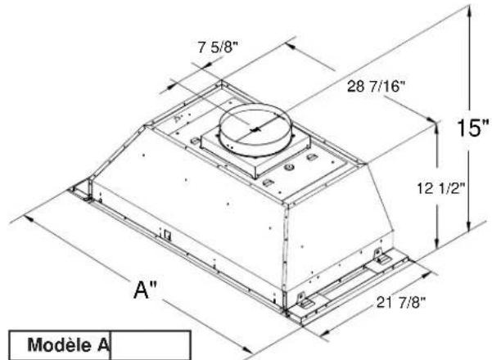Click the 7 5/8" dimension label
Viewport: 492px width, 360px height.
pyautogui.click(x=218, y=47)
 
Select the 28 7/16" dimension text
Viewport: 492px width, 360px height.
pyautogui.click(x=376, y=86)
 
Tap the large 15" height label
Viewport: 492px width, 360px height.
pyautogui.click(x=473, y=128)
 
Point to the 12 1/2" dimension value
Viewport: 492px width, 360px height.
pyautogui.click(x=440, y=188)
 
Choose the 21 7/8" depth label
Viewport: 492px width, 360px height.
pyautogui.click(x=401, y=302)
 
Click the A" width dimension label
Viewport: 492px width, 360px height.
pyautogui.click(x=145, y=290)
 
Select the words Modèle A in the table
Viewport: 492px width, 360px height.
pyautogui.click(x=69, y=344)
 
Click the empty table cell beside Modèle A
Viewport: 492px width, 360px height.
pyautogui.click(x=151, y=345)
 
